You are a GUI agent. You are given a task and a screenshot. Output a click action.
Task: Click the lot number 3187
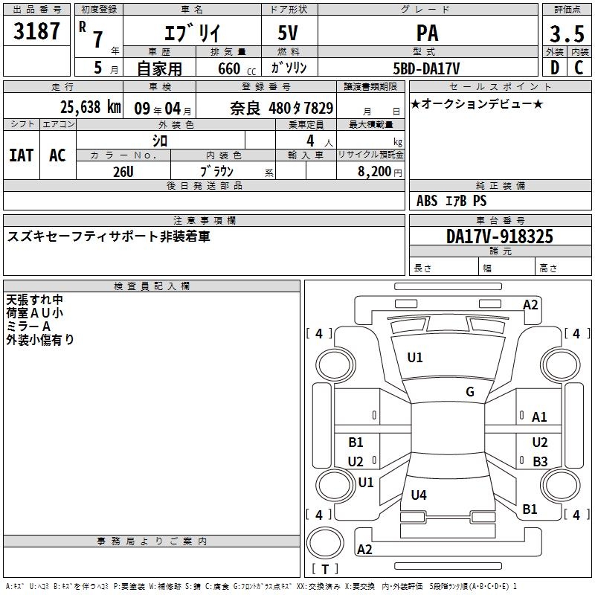coord(37,31)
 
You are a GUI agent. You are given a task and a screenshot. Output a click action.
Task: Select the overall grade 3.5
coord(566,33)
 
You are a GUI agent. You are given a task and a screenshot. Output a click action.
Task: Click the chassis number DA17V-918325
coord(500,237)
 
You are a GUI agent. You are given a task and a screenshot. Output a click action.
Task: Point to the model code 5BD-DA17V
coord(427,68)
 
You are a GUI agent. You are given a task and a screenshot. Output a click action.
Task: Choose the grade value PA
coord(427,33)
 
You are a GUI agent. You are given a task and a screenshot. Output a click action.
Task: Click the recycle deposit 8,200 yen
coord(379,171)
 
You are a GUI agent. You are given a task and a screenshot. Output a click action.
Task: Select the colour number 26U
coord(123,171)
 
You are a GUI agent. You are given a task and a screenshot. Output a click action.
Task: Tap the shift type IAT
coord(22,155)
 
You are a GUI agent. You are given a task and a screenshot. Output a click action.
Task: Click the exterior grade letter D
coord(554,68)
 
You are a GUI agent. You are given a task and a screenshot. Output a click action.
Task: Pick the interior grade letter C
coord(578,68)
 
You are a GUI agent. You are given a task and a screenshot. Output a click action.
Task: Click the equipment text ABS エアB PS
coord(451,201)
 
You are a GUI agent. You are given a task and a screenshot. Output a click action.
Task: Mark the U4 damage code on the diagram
coord(419,495)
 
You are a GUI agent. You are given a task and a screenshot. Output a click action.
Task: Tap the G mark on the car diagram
coord(470,392)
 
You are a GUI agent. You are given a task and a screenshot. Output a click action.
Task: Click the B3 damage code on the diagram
coord(540,461)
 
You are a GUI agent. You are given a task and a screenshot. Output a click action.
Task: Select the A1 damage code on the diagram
coord(539,417)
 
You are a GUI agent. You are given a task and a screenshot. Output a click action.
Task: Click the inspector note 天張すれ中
coord(35,300)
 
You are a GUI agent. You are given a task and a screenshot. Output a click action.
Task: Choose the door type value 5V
coord(289,33)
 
